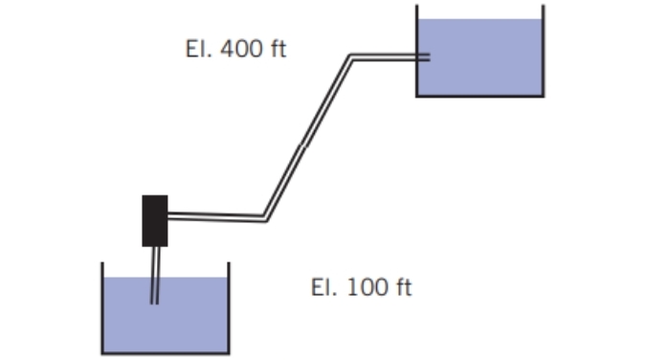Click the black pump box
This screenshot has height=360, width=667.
155,220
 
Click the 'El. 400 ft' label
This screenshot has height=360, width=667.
235,49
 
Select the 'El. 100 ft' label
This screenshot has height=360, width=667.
362,287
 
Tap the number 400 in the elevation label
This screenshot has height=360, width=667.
239,49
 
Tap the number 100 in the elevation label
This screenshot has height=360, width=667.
366,287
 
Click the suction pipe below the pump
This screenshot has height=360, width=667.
155,273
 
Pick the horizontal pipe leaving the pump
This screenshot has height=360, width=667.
215,216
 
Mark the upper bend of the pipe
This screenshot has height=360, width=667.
350,58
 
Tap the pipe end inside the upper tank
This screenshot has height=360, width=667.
425,57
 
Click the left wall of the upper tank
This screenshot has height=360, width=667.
416,48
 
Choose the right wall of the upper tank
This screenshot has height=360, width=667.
544,48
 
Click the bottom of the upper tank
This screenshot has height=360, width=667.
480,96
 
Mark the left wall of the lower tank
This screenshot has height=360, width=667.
102,306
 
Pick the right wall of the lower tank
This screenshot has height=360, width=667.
230,306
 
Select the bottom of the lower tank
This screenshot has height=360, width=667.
166,353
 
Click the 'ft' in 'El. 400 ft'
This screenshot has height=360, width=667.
277,49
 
